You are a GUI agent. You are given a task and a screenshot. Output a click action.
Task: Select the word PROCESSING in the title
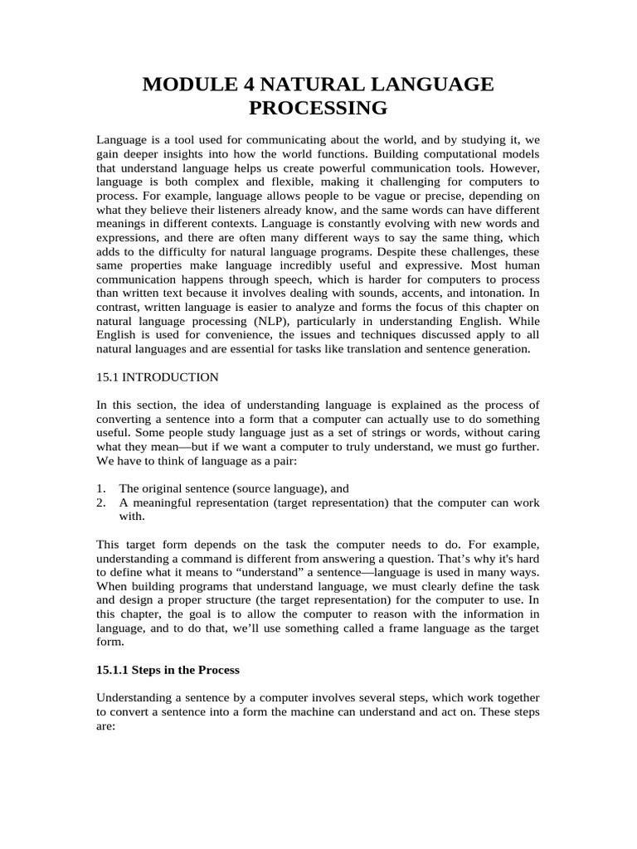318,108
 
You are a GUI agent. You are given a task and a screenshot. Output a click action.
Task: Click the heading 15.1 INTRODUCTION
158,377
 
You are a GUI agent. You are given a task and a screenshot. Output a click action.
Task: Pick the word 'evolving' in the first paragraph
394,224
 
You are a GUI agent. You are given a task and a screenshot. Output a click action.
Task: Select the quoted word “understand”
262,572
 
